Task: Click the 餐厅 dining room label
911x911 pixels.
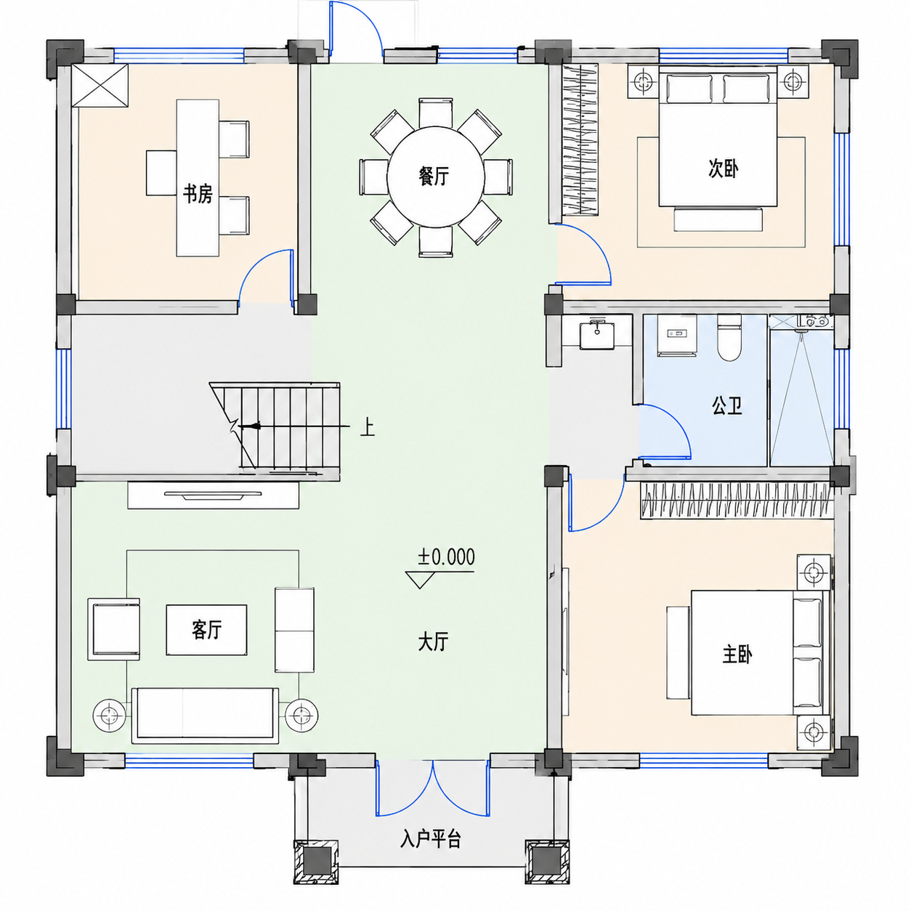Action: point(434,177)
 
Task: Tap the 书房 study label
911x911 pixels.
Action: point(198,194)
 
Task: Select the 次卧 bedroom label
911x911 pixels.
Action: point(724,169)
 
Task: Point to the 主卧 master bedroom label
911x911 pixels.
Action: point(737,655)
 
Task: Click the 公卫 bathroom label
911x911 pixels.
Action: point(727,405)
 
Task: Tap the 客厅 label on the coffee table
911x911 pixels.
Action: point(206,630)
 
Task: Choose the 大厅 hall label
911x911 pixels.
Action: point(433,642)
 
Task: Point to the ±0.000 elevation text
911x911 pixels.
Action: point(446,557)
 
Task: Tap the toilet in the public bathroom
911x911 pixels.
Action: point(729,338)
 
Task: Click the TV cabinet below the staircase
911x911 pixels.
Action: point(213,495)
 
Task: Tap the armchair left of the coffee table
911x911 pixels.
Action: point(114,629)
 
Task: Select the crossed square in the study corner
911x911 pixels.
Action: point(100,86)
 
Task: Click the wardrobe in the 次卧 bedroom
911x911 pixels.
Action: point(580,139)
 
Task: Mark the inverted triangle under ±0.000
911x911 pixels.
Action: point(419,580)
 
